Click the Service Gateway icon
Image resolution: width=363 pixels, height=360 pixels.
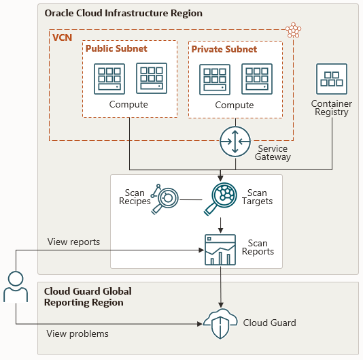[x=236, y=142]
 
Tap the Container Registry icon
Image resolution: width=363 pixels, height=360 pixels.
[x=331, y=80]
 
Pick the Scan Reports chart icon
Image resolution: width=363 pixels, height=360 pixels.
[x=220, y=250]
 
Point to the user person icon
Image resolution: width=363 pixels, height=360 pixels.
[x=16, y=287]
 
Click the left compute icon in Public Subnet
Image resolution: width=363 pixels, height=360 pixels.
[x=109, y=80]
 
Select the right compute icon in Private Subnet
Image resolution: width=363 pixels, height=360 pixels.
[x=256, y=80]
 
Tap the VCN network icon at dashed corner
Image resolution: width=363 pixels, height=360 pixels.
[x=294, y=30]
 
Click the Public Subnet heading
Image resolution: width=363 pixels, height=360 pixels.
[x=116, y=49]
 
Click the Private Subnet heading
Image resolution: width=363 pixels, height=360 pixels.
[x=224, y=50]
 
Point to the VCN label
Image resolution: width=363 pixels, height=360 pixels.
[x=63, y=37]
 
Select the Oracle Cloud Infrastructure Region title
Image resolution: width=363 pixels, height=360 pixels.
[x=123, y=14]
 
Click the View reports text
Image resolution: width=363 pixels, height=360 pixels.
[x=73, y=242]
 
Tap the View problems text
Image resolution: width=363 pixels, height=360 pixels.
[x=77, y=333]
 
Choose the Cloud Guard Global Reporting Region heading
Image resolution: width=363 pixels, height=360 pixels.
[x=88, y=297]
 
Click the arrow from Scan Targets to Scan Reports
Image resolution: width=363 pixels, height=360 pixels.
[x=220, y=225]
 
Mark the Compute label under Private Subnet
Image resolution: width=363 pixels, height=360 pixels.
[x=234, y=105]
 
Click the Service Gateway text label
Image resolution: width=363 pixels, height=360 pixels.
[x=273, y=152]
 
